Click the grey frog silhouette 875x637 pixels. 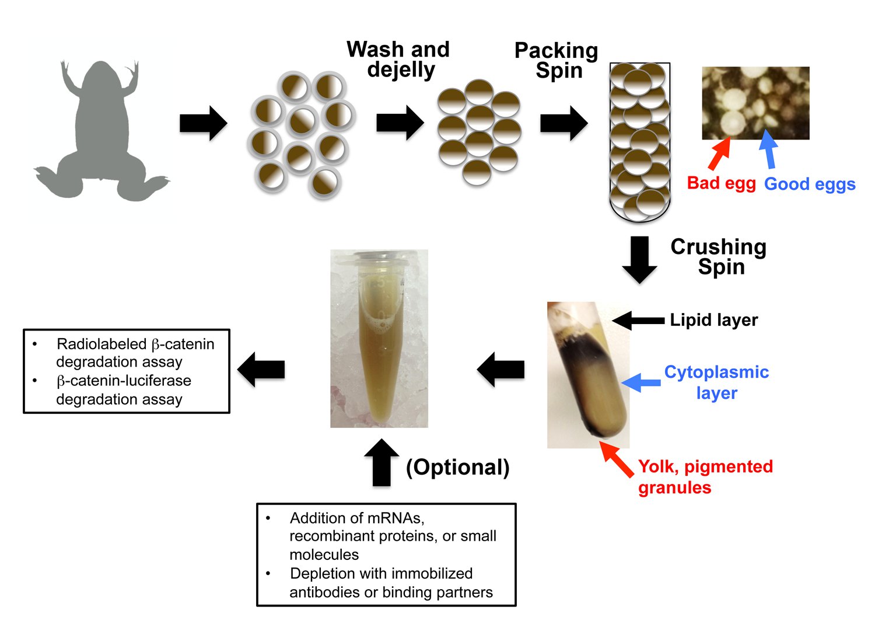(x=101, y=131)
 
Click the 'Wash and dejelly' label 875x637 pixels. (x=398, y=60)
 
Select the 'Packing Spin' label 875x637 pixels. (x=556, y=61)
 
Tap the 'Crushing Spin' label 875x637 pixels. (x=719, y=257)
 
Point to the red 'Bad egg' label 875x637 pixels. (x=721, y=183)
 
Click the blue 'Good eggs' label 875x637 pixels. (x=810, y=184)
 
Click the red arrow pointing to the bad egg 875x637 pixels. (x=719, y=154)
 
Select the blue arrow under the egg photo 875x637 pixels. (x=768, y=149)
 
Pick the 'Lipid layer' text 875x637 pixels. (x=714, y=320)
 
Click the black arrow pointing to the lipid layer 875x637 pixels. (x=638, y=321)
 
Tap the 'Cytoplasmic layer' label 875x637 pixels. (x=717, y=382)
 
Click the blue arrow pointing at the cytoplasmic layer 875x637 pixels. (x=641, y=382)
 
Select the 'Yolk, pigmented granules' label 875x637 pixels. (x=705, y=477)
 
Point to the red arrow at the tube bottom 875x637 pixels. (x=617, y=459)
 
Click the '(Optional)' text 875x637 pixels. (x=458, y=467)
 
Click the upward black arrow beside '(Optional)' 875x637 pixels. (x=381, y=462)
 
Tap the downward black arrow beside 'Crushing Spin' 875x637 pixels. (x=639, y=260)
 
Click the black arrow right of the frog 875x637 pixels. (x=204, y=123)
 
